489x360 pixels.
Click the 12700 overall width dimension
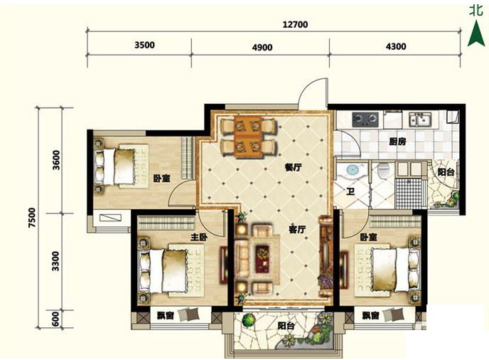click(x=295, y=24)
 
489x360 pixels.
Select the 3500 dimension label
click(x=144, y=45)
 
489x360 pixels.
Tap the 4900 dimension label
click(x=262, y=48)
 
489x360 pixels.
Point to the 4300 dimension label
click(x=396, y=46)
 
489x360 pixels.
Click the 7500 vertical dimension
click(x=33, y=217)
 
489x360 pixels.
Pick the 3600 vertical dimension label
click(x=56, y=160)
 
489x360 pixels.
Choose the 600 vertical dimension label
click(x=55, y=319)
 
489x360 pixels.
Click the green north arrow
click(x=476, y=33)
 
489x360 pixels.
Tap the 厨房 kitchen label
click(x=397, y=142)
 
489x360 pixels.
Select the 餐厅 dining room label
click(x=293, y=167)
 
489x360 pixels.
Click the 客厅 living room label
click(x=297, y=230)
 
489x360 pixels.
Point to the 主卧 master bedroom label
click(x=199, y=238)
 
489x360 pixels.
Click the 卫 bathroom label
click(x=350, y=191)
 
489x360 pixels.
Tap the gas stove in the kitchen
click(x=365, y=120)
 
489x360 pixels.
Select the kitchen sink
click(x=420, y=120)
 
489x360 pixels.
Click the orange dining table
click(x=248, y=136)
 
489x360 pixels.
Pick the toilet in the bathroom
click(x=382, y=169)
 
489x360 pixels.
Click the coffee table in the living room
click(x=263, y=259)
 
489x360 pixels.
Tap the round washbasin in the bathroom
click(x=353, y=171)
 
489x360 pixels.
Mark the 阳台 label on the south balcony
click(x=286, y=327)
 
